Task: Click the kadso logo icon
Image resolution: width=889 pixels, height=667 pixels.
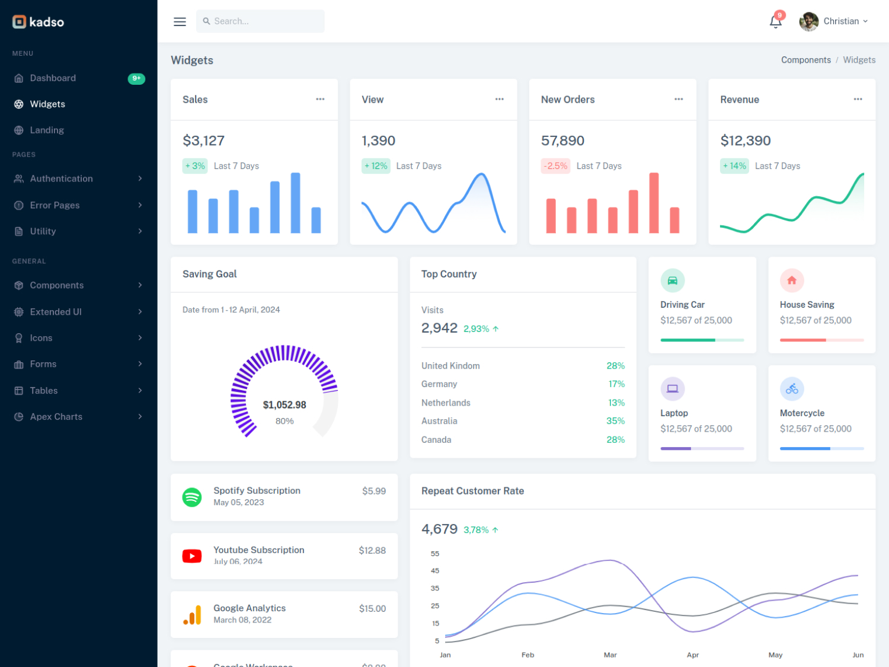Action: point(20,22)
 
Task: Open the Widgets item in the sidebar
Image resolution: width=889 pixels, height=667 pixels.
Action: point(47,104)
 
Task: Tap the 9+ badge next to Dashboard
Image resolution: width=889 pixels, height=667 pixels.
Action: point(136,78)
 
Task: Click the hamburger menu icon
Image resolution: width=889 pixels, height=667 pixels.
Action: point(180,22)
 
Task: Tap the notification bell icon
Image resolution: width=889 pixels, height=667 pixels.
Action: point(775,22)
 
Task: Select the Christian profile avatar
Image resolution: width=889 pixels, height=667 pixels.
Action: point(808,21)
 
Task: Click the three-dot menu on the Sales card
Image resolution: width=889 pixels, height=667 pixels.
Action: point(320,99)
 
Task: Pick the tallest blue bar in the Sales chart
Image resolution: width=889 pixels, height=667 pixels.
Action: point(295,203)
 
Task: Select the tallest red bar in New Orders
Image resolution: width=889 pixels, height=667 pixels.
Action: point(654,203)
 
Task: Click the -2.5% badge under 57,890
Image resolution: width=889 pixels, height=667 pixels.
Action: point(555,166)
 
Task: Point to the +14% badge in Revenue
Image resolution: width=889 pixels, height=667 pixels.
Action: point(734,166)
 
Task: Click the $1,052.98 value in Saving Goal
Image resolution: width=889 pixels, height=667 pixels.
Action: point(284,405)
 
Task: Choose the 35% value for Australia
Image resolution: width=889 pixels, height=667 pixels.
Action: point(615,421)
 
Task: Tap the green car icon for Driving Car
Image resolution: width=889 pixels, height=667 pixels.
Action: point(673,280)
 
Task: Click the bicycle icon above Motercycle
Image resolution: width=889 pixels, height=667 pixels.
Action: point(792,389)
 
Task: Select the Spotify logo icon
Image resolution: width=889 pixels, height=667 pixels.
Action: point(192,497)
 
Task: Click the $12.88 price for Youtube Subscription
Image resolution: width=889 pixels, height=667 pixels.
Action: point(372,550)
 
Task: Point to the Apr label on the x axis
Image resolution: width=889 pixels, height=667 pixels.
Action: point(693,655)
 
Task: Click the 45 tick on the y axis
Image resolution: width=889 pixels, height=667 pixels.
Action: point(435,571)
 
